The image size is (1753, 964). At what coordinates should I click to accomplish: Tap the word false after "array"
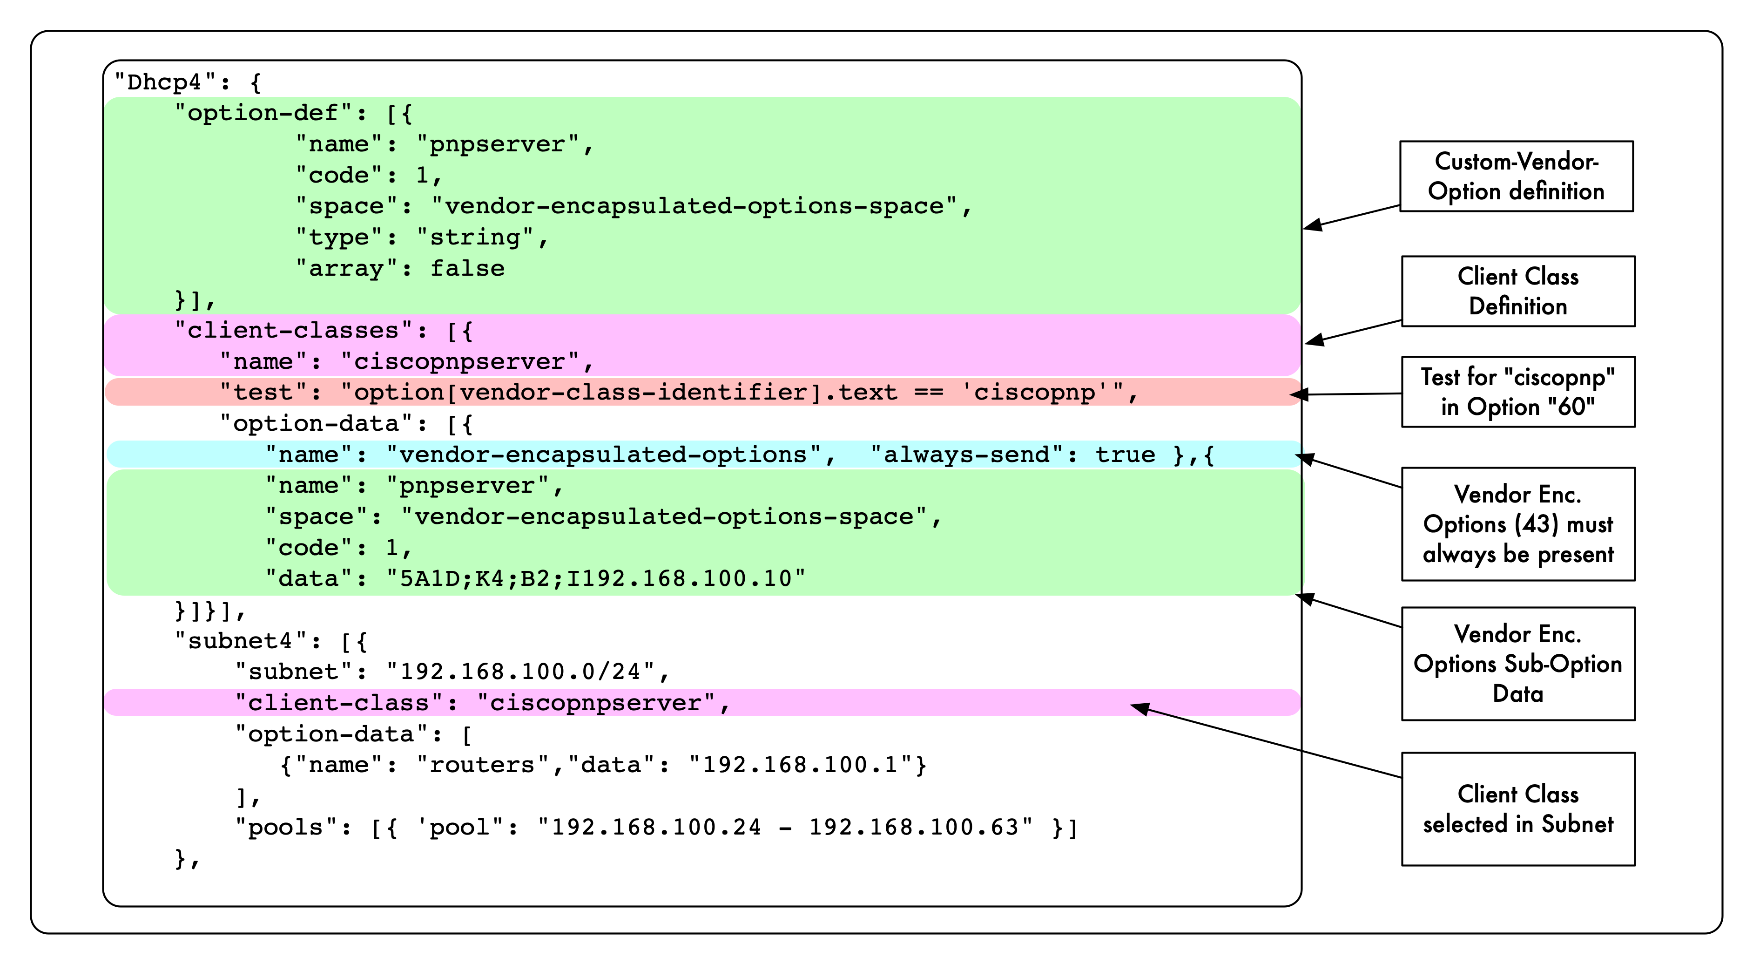point(467,269)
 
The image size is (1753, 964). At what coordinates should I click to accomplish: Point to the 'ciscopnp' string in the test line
point(1034,393)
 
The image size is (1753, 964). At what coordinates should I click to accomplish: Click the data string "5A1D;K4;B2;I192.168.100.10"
point(595,579)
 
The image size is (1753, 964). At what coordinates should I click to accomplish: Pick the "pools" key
point(285,828)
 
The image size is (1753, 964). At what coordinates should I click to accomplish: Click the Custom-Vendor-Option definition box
point(1516,177)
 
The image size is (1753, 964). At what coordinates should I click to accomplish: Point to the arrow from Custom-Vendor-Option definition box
point(1351,217)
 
